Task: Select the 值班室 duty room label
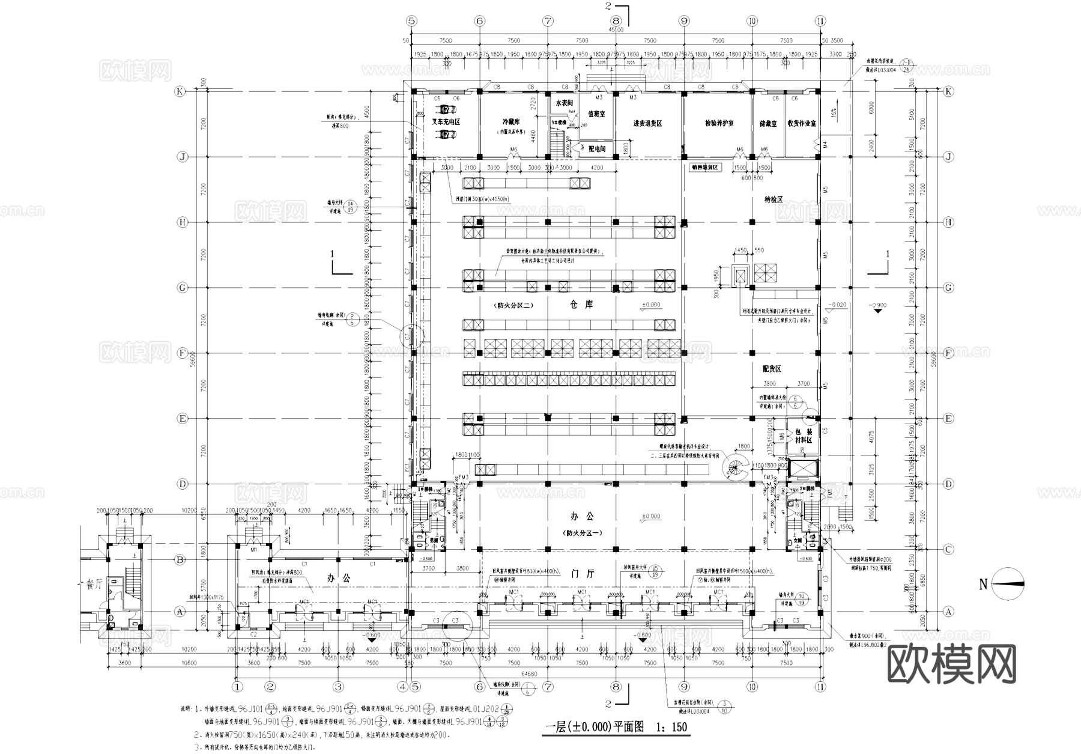click(x=596, y=113)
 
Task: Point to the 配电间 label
click(x=597, y=148)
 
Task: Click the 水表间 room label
click(x=564, y=103)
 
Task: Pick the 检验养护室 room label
click(x=719, y=123)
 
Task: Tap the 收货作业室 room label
click(x=801, y=123)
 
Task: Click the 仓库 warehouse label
click(x=581, y=305)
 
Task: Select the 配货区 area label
click(x=772, y=369)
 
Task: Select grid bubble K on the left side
click(x=179, y=91)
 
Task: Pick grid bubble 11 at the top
click(x=820, y=20)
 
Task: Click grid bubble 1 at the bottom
click(x=238, y=686)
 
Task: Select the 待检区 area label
click(x=774, y=199)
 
